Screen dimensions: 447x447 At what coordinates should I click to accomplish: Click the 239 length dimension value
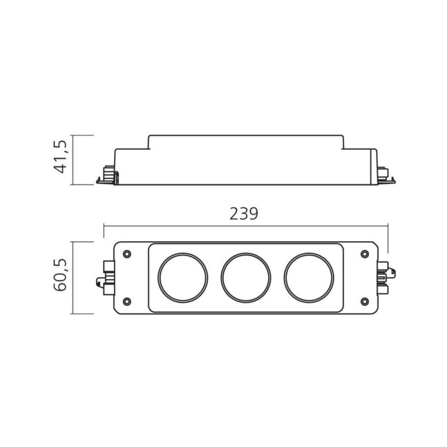tap(244, 213)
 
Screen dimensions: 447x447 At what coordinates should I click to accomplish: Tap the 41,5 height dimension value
tap(60, 156)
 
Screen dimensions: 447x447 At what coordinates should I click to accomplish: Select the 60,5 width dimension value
tap(60, 275)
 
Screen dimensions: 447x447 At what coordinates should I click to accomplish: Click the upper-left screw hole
tap(127, 254)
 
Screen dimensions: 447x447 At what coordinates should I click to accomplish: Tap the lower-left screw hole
tap(127, 301)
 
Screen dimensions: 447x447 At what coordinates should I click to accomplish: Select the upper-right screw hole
tap(365, 254)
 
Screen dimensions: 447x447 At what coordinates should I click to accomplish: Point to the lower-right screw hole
tap(365, 301)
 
